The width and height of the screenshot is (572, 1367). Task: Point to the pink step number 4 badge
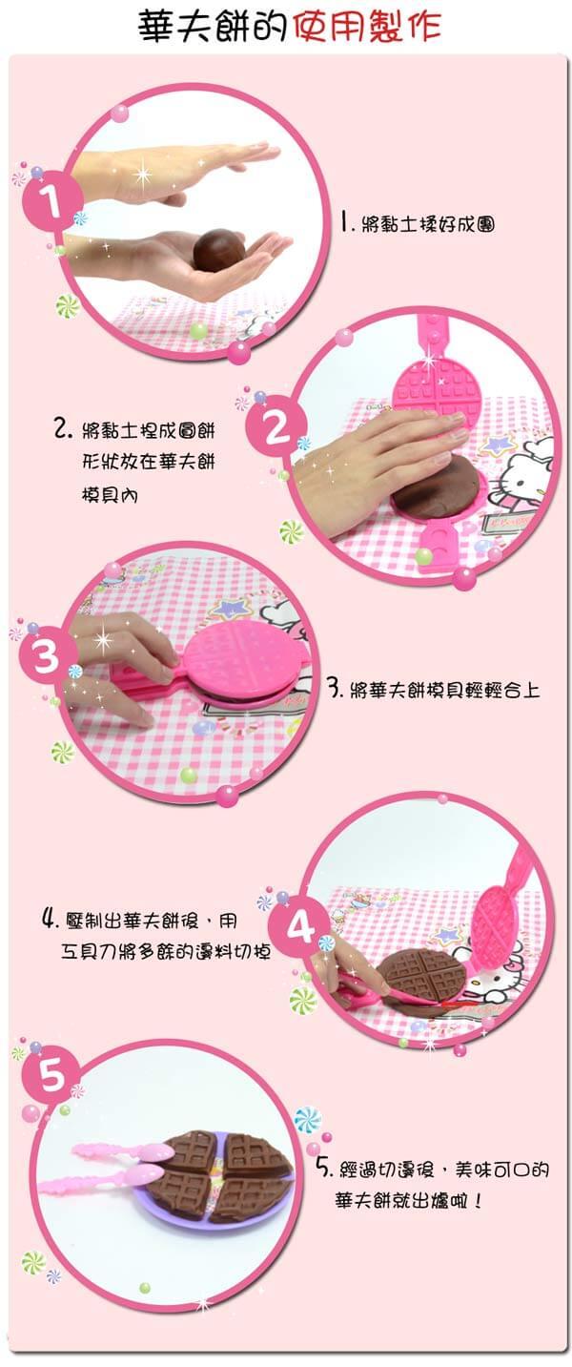coord(298,929)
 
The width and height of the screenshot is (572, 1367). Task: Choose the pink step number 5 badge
coord(51,1075)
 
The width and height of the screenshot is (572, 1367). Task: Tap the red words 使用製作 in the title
coord(366,27)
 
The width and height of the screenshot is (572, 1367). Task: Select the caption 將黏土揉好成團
coord(428,224)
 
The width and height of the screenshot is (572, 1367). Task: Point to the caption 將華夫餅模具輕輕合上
coord(444,690)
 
